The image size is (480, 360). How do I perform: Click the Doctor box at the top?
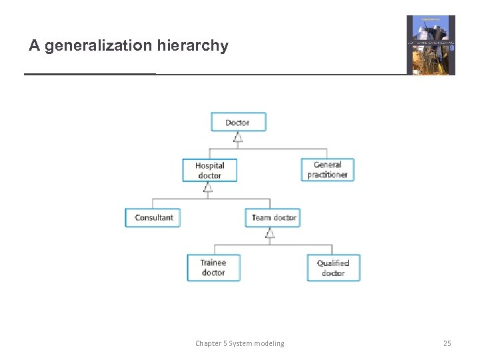tap(238, 122)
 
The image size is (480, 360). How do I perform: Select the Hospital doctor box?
tap(209, 170)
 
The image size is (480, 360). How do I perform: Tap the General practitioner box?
tap(327, 169)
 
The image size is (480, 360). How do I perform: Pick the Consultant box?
tap(153, 217)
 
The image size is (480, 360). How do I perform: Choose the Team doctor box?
tap(273, 217)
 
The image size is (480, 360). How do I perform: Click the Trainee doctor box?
tap(213, 267)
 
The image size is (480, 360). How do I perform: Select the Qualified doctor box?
tap(333, 267)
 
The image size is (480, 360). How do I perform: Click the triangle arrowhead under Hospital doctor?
tap(208, 188)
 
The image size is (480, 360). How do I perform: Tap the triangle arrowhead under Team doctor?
tap(269, 233)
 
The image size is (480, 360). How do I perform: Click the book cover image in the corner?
tap(431, 45)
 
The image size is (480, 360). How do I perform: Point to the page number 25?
tap(447, 343)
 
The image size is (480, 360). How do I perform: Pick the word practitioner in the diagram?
tap(327, 175)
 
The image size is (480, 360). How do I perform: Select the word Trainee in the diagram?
tap(213, 263)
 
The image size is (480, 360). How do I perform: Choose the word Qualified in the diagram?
tap(333, 263)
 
